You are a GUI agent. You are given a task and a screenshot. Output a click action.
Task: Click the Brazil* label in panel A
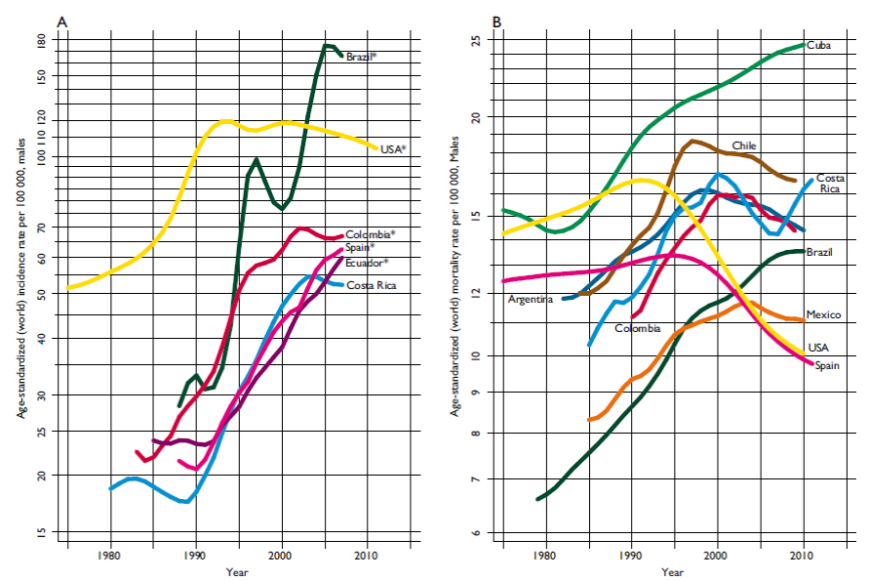point(361,57)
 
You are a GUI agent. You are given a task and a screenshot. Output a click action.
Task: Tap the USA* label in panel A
point(393,149)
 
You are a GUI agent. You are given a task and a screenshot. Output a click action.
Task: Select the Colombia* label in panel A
point(370,234)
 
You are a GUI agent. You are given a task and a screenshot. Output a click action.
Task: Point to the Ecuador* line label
point(367,263)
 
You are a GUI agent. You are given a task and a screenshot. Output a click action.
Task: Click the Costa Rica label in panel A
point(372,285)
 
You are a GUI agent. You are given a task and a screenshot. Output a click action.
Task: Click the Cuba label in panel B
point(817,46)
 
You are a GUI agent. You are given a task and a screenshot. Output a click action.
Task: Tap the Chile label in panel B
point(744,145)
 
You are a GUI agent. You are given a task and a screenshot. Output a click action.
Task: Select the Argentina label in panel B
point(531,299)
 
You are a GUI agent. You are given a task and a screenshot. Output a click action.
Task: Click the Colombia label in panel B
point(638,329)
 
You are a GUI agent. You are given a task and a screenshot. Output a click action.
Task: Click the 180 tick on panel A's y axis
point(40,43)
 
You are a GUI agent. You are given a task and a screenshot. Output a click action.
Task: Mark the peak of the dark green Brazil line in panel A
point(327,45)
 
